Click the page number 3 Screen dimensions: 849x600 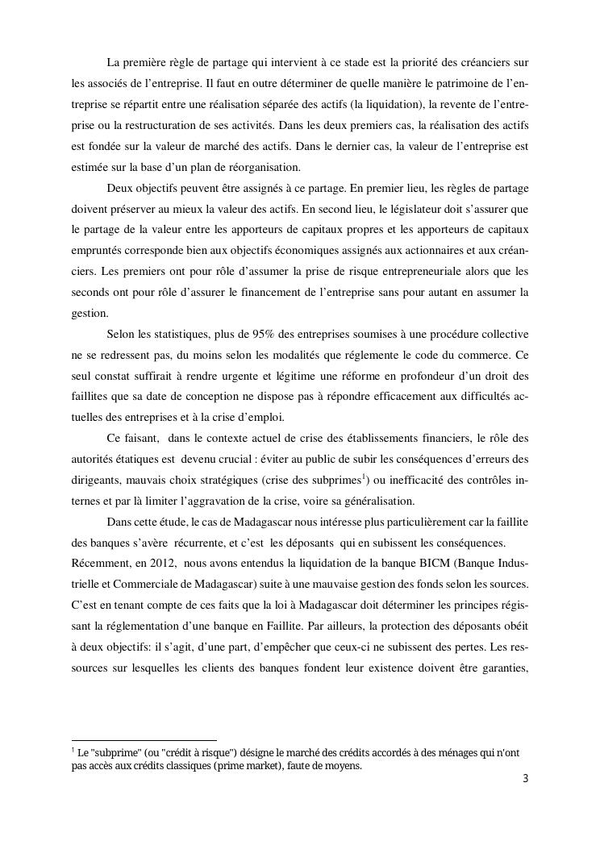click(525, 779)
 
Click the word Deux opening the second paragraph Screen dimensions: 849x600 click(120, 188)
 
